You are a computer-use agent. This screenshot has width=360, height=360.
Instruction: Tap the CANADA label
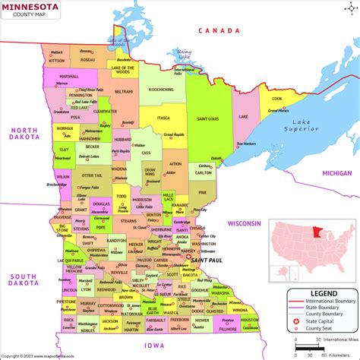215,30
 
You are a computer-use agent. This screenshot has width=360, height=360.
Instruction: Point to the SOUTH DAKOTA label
23,280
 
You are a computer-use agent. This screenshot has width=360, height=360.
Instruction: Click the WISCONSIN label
245,223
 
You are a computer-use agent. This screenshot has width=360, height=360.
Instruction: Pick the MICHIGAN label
336,173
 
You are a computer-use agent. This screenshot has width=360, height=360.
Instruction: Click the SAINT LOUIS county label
209,118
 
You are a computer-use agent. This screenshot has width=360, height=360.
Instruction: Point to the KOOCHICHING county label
161,90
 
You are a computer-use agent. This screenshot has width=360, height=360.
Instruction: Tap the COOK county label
277,98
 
